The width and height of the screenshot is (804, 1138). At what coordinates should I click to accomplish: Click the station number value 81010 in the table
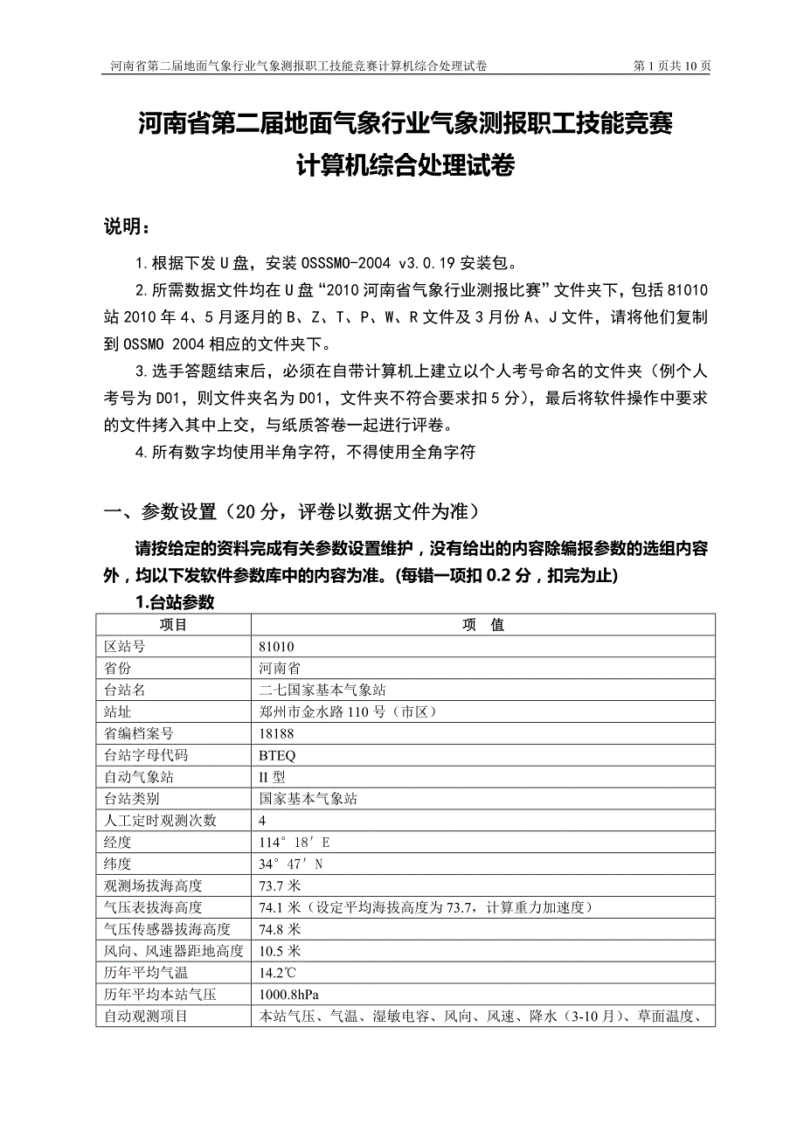pyautogui.click(x=276, y=647)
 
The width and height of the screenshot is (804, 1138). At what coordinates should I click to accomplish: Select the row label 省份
pyautogui.click(x=118, y=669)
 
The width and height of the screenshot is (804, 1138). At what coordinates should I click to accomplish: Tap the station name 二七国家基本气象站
pyautogui.click(x=322, y=690)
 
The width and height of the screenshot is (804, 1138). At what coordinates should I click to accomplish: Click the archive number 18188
pyautogui.click(x=276, y=733)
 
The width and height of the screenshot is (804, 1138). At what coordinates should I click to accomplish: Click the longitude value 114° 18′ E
pyautogui.click(x=295, y=843)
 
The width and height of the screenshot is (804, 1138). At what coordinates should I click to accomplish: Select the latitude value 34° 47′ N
pyautogui.click(x=291, y=864)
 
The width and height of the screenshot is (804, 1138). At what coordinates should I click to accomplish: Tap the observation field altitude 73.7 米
pyautogui.click(x=280, y=886)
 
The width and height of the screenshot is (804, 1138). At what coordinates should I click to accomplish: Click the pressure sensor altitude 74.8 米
pyautogui.click(x=280, y=929)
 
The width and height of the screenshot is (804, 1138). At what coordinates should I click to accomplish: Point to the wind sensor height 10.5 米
pyautogui.click(x=280, y=951)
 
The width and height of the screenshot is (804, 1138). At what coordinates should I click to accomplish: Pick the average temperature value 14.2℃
pyautogui.click(x=280, y=973)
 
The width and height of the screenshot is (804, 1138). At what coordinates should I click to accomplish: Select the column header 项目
pyautogui.click(x=173, y=625)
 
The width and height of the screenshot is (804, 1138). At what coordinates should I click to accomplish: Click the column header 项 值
pyautogui.click(x=483, y=625)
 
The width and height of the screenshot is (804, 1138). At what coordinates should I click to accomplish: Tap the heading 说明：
pyautogui.click(x=127, y=227)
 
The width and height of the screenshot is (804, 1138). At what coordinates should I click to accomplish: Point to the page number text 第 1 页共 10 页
pyautogui.click(x=671, y=66)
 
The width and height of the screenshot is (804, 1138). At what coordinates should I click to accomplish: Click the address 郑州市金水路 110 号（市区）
pyautogui.click(x=347, y=711)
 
